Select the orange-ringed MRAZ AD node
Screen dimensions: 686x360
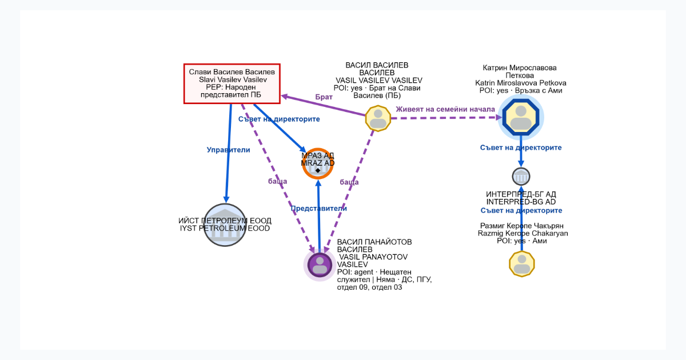coord(318,163)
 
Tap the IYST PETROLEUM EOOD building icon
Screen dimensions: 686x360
coord(225,225)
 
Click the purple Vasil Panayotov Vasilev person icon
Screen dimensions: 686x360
coord(320,265)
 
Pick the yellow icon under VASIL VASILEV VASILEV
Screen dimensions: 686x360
coord(378,118)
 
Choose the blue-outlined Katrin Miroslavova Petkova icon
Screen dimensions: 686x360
coord(521,117)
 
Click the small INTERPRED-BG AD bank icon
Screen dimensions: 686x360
coord(521,177)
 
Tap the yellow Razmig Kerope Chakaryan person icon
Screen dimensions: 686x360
coord(522,264)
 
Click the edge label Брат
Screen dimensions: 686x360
coord(324,97)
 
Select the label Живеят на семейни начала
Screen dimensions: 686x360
coord(445,109)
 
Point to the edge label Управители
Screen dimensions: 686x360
coord(228,150)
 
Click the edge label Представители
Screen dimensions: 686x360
coord(318,209)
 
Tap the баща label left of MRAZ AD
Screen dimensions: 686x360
coord(277,181)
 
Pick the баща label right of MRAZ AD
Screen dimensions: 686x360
coord(349,182)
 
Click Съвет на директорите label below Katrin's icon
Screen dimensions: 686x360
coord(521,147)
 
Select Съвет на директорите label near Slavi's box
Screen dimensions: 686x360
coord(279,119)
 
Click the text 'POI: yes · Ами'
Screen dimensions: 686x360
coord(522,241)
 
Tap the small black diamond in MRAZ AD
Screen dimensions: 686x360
coord(318,170)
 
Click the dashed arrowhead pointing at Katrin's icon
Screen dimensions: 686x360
coord(499,117)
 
